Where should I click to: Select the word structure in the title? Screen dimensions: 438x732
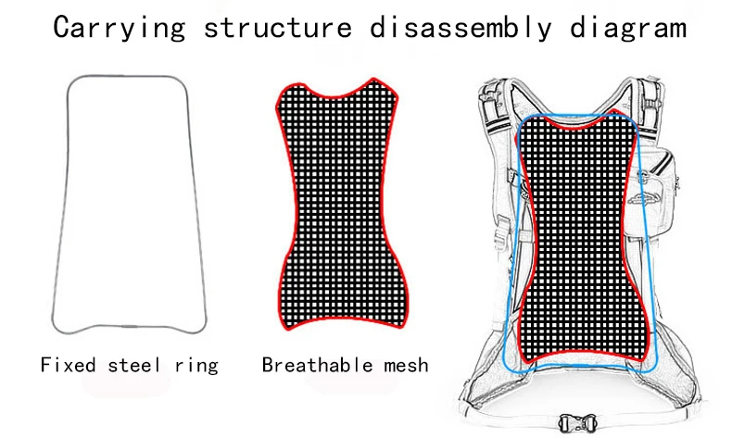point(277,27)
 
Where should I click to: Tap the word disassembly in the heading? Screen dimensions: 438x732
point(455,27)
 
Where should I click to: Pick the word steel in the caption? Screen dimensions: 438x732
point(135,364)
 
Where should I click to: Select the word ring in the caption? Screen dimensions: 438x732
point(196,364)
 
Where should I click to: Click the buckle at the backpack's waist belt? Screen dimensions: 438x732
point(577,419)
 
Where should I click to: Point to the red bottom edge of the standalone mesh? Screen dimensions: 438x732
point(341,330)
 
